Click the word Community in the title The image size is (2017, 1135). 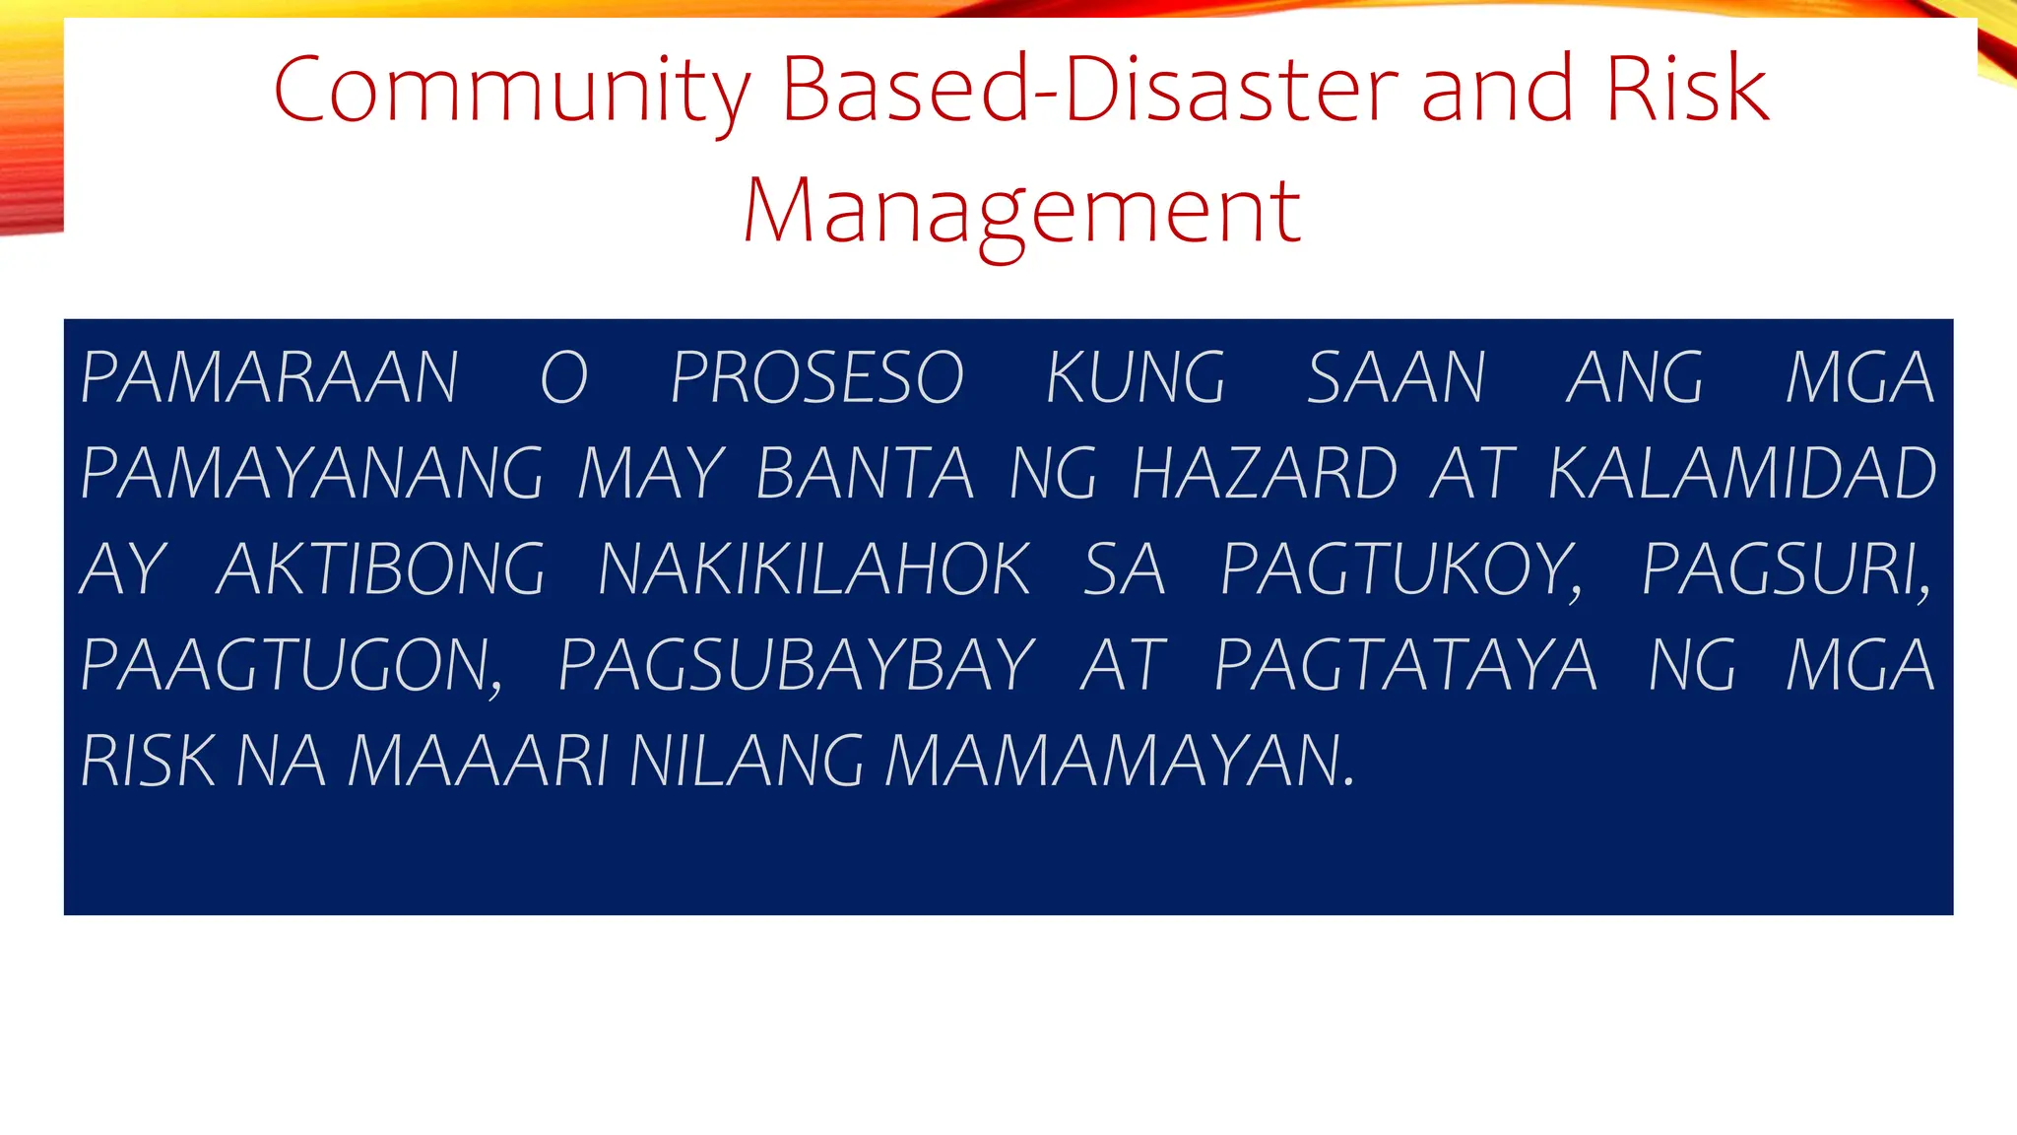[512, 91]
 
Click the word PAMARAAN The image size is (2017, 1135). [269, 377]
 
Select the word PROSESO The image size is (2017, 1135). [816, 377]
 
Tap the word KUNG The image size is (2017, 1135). [1136, 377]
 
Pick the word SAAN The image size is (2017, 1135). [1396, 377]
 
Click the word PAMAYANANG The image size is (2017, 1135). [311, 474]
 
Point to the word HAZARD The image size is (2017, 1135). [1265, 474]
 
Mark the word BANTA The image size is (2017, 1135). [865, 474]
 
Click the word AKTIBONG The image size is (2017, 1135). [379, 569]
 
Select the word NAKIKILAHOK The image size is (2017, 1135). [813, 569]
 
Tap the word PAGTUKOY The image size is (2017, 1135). [1400, 569]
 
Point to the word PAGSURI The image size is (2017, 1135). [1785, 569]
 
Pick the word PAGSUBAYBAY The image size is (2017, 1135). [796, 665]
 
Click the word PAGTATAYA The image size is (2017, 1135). [1405, 665]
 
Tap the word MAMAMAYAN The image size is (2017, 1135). [1119, 761]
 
